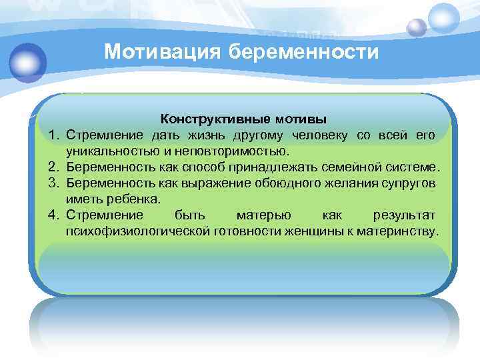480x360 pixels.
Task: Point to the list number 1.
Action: (53, 136)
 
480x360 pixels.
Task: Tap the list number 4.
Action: (53, 215)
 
